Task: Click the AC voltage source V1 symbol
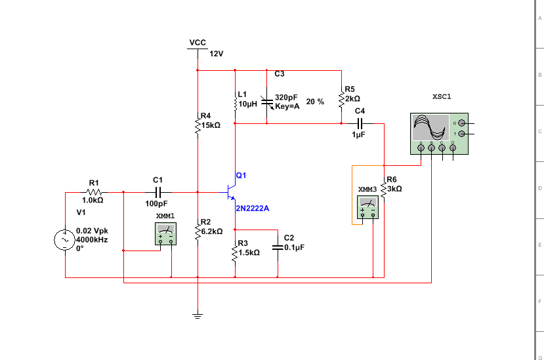tap(64, 240)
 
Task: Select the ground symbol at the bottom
tap(198, 315)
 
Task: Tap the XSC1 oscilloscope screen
tap(430, 127)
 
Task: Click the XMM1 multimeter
tap(165, 233)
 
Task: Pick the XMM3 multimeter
tap(367, 207)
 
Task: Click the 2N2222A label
tap(253, 209)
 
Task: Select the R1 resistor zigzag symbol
tap(94, 192)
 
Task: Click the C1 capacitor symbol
tap(158, 192)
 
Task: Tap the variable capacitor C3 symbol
tap(267, 102)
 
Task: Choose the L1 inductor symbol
tap(235, 102)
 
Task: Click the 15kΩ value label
tap(211, 125)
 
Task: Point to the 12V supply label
tap(217, 54)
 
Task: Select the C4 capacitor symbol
tap(360, 123)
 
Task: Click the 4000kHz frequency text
tap(92, 239)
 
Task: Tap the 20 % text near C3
tap(315, 102)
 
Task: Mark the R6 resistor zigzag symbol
tap(384, 190)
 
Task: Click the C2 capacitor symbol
tap(278, 247)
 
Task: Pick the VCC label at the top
tap(198, 43)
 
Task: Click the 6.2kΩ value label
tap(212, 231)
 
